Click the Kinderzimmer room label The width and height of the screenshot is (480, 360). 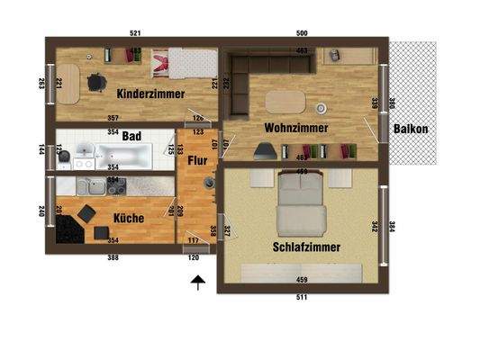150,93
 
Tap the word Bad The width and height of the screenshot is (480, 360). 131,137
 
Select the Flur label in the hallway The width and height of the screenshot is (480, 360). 197,163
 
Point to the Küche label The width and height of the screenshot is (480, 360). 129,217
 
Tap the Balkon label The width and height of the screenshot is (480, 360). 410,128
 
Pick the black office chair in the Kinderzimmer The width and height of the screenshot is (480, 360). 95,83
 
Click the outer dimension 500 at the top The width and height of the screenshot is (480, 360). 302,33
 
